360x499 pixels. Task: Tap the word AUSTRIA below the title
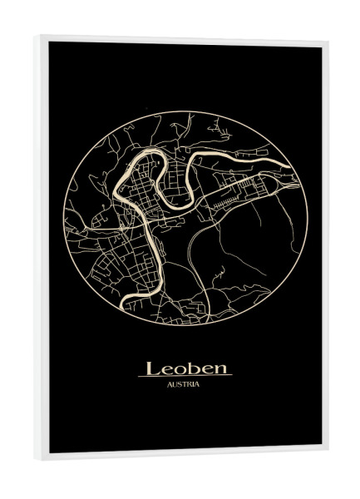(183, 384)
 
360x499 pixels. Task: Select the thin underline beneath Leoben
(185, 377)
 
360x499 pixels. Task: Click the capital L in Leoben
(153, 368)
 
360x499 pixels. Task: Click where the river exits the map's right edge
(297, 177)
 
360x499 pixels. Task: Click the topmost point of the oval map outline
(185, 111)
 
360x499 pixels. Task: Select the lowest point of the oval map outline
(185, 325)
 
